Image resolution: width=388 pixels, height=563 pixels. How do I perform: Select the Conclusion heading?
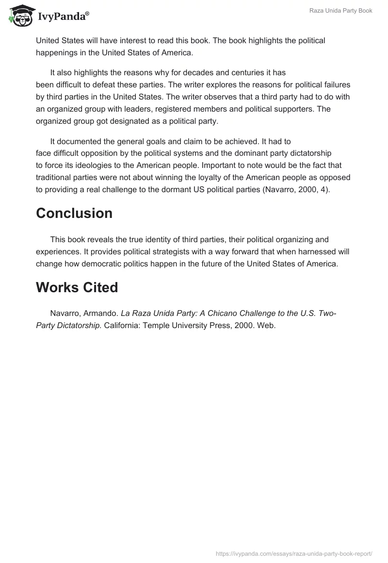point(74,213)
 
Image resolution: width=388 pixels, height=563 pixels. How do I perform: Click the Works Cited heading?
point(77,287)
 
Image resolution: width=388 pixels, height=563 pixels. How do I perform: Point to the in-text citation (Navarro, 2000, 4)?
point(295,189)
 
